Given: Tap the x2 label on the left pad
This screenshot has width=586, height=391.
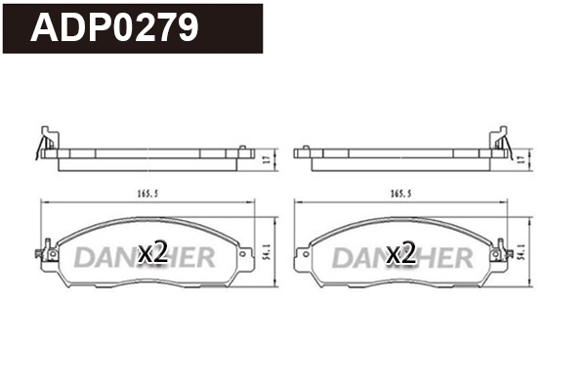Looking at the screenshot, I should [x=151, y=253].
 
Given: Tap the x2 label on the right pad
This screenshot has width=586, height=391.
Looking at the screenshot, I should [x=401, y=253].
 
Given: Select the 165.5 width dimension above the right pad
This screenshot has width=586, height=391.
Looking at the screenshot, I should [x=400, y=195].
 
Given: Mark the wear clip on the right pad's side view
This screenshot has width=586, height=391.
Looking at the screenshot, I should [x=506, y=147].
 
